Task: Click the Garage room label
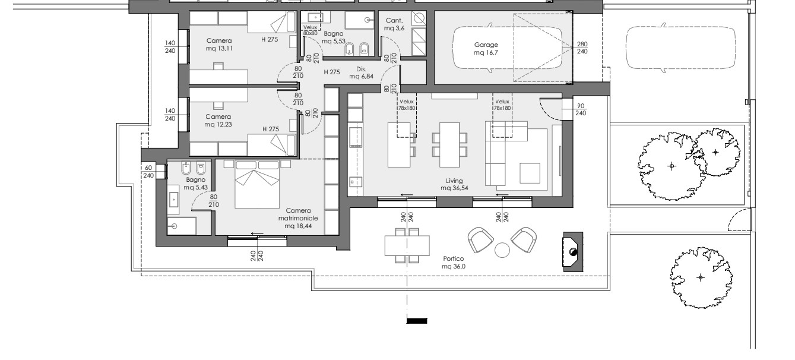pos(486,45)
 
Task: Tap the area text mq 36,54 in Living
pos(454,188)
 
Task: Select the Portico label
pos(454,259)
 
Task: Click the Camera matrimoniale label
pos(298,214)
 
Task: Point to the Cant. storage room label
pos(394,21)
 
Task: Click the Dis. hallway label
pos(362,69)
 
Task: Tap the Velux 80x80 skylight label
pos(310,30)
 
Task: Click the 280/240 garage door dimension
pos(582,48)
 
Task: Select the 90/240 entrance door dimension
pos(581,109)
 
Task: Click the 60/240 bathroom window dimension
pos(148,172)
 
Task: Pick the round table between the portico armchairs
pos(502,250)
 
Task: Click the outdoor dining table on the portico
pos(407,245)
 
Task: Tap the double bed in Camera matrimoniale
pos(257,184)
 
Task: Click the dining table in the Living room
pos(449,145)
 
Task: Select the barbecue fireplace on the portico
pos(573,252)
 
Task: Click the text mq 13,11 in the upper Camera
pos(219,49)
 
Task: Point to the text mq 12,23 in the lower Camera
pos(218,125)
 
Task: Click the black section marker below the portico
pos(417,321)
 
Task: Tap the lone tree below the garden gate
pos(701,277)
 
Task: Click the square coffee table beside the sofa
pos(530,173)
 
